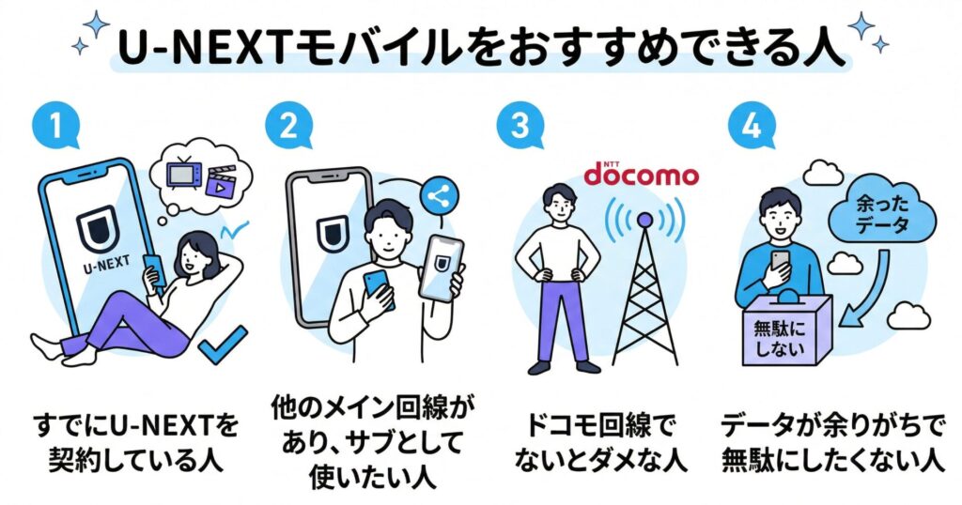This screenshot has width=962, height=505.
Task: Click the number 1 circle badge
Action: coord(53,130)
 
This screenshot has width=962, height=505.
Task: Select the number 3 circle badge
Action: coord(520,130)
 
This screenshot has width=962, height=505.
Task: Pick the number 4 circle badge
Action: coord(753,130)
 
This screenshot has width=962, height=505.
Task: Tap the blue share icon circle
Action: coord(435,195)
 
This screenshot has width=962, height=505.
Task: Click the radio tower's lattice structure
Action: coord(644,300)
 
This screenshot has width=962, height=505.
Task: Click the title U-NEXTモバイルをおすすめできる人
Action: coord(480,46)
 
